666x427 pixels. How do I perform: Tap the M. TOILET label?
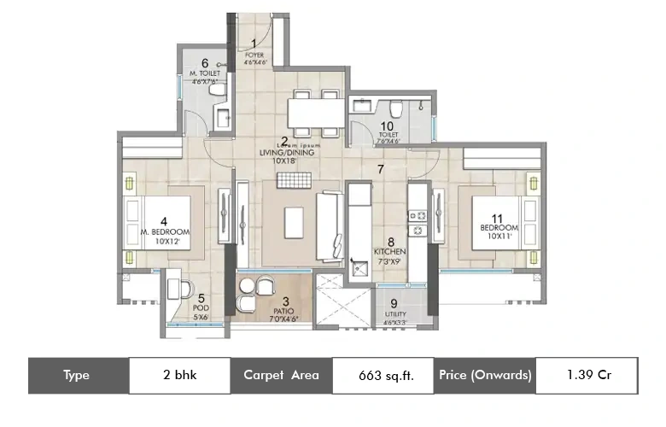click(205, 73)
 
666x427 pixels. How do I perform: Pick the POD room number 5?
click(202, 299)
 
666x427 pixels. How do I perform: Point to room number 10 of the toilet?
click(387, 126)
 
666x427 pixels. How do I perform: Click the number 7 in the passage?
click(382, 169)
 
